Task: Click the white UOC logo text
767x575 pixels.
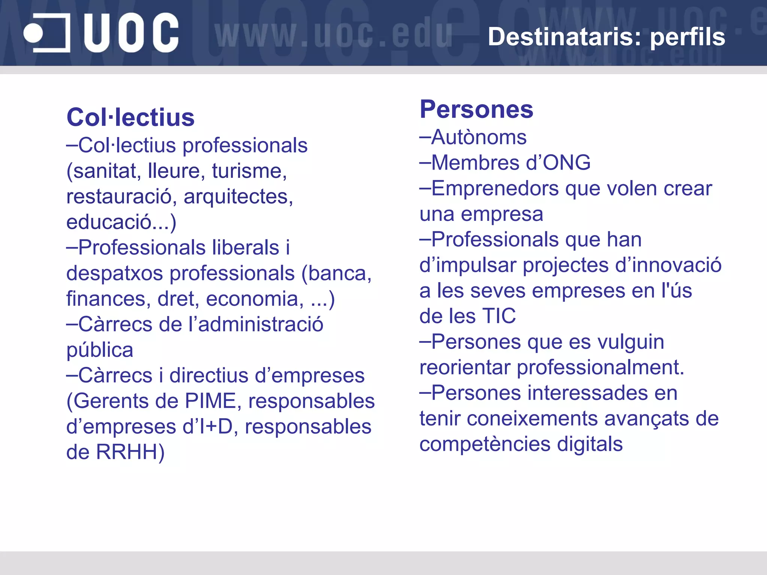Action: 131,33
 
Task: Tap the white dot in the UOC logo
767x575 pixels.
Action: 33,33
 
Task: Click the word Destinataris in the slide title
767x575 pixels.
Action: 564,37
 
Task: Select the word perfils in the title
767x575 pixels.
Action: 687,37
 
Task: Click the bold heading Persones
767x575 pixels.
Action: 476,109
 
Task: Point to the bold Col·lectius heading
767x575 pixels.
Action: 130,118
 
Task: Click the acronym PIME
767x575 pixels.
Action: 210,401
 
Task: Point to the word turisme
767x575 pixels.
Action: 249,171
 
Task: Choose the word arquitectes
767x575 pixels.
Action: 238,197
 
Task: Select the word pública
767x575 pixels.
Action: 100,350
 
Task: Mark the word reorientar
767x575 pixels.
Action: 465,367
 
